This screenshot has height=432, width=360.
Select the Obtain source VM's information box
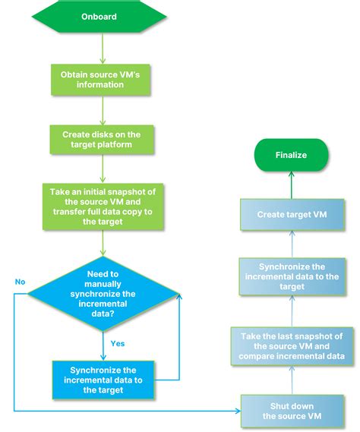(x=102, y=80)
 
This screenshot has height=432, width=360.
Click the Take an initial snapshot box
(x=102, y=206)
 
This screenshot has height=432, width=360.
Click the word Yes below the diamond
(x=118, y=342)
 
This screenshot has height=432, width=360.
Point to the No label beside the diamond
(x=20, y=282)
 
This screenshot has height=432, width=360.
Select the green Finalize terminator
(x=291, y=155)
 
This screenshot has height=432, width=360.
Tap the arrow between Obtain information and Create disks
(x=102, y=112)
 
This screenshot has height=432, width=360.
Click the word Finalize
(x=291, y=155)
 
